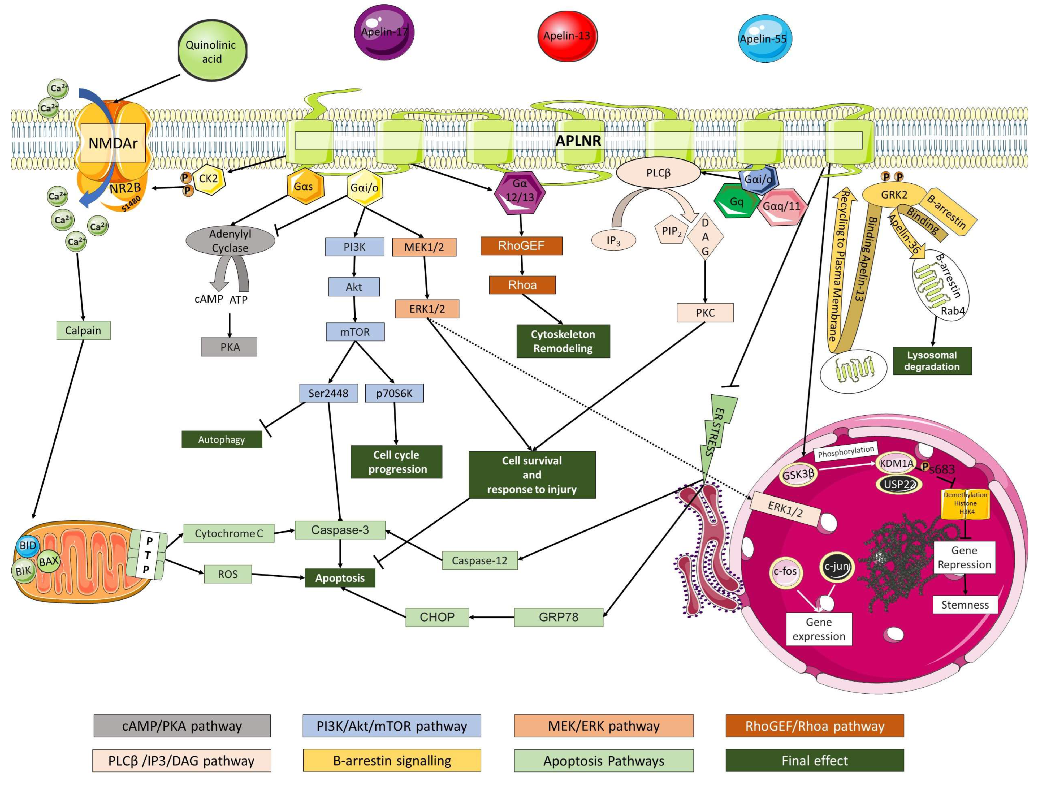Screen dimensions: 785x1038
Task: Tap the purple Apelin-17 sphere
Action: point(384,32)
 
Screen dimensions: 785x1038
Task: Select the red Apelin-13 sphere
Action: point(567,36)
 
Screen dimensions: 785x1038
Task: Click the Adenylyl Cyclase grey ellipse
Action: point(230,241)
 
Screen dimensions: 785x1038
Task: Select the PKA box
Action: point(229,347)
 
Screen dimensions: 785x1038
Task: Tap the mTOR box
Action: point(355,332)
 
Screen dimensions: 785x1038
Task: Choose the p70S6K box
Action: point(394,393)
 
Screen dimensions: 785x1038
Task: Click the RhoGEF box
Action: point(521,246)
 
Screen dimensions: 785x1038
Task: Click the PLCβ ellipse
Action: point(658,173)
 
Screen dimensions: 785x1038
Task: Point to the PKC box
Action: point(705,313)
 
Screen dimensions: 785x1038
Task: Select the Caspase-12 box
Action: point(479,560)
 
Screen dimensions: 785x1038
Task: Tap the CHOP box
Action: point(437,617)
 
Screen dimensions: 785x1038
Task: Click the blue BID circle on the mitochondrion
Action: point(28,546)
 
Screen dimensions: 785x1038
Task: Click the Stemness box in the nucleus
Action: point(965,605)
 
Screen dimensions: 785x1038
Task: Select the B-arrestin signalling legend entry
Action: point(392,761)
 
